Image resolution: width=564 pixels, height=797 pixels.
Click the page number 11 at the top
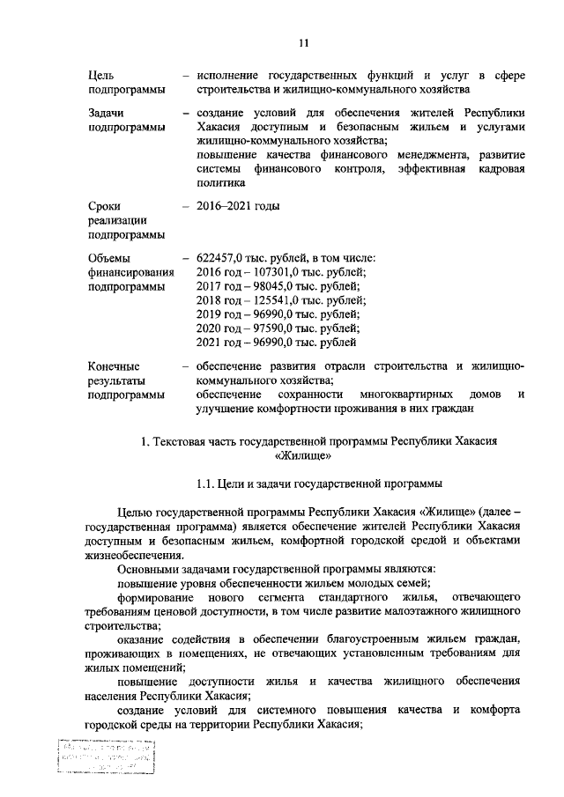pos(302,41)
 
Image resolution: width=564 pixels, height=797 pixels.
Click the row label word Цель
pos(101,75)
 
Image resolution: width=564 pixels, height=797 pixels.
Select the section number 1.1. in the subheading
pos(207,483)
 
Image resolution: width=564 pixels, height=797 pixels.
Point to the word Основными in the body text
pos(148,568)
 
